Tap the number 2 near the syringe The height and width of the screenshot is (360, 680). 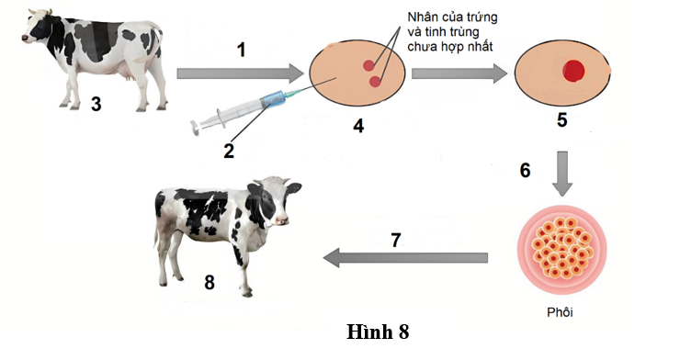(x=230, y=149)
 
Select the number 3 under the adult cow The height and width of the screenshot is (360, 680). (x=96, y=104)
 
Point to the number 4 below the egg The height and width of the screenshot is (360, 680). (x=359, y=126)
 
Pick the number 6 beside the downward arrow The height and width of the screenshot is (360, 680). (x=525, y=170)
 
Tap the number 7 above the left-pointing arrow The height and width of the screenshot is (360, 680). (x=395, y=241)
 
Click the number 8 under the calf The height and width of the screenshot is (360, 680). (x=210, y=282)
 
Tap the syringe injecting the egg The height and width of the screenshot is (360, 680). (x=248, y=107)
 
